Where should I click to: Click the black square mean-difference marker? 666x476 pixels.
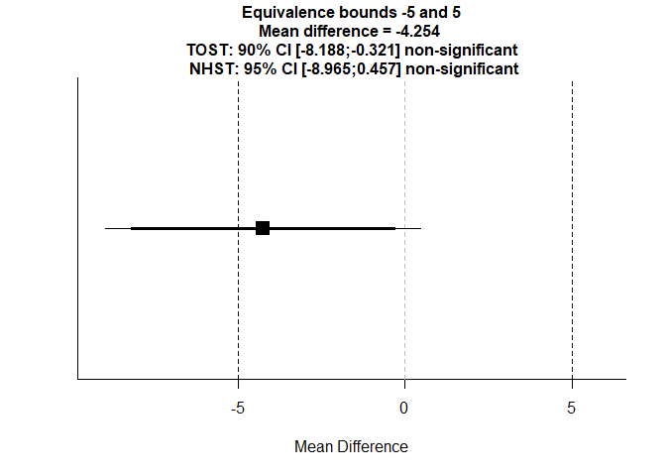coord(263,228)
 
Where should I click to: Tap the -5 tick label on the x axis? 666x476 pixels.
coord(238,408)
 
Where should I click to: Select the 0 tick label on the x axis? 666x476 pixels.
coord(404,408)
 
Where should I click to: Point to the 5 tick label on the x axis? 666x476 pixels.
coord(572,408)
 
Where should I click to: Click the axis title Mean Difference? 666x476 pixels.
coord(351,447)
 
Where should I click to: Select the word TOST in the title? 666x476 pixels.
coord(206,50)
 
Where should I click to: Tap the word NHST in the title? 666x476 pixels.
coord(209,68)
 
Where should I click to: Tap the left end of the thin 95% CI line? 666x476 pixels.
coord(106,228)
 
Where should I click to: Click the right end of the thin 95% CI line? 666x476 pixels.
coord(420,228)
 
